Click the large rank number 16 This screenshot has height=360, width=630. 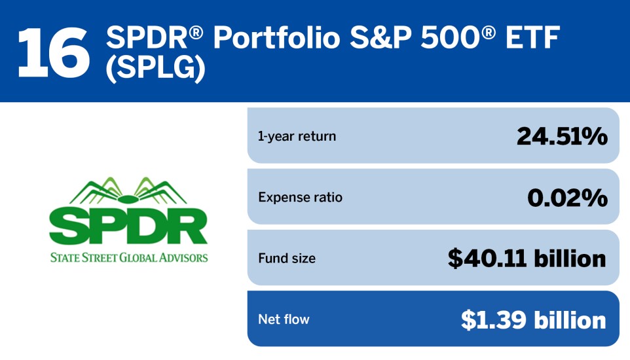(54, 52)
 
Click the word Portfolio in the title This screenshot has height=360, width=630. (277, 37)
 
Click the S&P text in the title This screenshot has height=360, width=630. (381, 37)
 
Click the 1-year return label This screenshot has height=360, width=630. (297, 136)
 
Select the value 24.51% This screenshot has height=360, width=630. (562, 136)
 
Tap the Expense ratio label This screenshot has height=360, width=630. (300, 197)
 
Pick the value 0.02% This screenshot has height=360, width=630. (567, 197)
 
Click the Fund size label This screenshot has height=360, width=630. (287, 258)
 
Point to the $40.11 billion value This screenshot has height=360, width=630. (527, 258)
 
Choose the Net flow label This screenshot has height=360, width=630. (284, 319)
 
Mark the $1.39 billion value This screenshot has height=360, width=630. (533, 320)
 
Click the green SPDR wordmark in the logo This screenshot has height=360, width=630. (128, 226)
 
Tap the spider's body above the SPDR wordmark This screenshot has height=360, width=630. (128, 199)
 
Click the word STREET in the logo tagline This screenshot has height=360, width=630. (100, 257)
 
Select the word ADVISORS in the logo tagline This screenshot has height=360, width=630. (183, 257)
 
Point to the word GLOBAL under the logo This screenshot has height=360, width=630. (138, 257)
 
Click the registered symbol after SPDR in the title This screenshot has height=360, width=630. (196, 31)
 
